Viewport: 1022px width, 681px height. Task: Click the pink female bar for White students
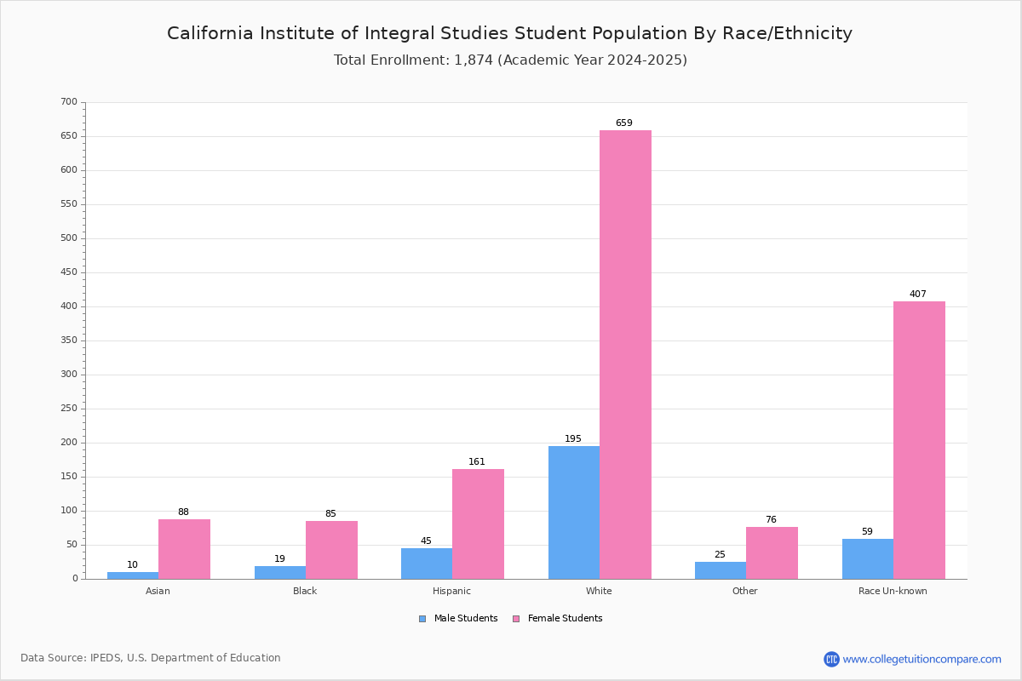point(625,354)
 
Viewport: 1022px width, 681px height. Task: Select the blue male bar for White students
point(574,512)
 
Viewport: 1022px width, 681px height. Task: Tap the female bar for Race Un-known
point(919,440)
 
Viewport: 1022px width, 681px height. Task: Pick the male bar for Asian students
point(133,575)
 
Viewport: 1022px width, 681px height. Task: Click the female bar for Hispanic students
point(478,524)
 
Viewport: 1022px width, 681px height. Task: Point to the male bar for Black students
point(280,572)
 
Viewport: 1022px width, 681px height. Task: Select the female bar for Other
point(772,552)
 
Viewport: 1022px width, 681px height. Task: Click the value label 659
point(624,123)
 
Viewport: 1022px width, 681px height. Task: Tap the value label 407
point(917,295)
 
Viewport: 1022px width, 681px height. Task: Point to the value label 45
point(426,541)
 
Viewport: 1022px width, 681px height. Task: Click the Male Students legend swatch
point(422,619)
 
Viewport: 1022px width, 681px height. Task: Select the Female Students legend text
point(565,619)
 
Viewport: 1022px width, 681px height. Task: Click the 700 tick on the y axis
point(69,102)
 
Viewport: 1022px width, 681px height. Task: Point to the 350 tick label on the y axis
point(69,340)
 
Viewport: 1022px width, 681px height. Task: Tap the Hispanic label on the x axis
point(451,591)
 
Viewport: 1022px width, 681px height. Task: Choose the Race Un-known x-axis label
point(893,591)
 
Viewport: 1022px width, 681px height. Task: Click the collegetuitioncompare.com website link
point(922,659)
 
